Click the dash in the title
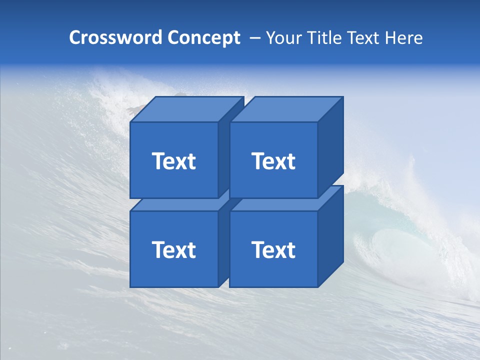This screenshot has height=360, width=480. (x=254, y=38)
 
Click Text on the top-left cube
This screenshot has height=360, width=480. (x=173, y=161)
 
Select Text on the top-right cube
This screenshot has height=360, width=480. (x=273, y=161)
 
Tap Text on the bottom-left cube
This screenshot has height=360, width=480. (x=173, y=250)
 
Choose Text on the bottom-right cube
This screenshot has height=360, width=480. (x=273, y=250)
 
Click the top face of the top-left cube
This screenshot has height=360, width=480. (x=186, y=109)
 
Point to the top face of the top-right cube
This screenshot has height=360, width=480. (x=286, y=109)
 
